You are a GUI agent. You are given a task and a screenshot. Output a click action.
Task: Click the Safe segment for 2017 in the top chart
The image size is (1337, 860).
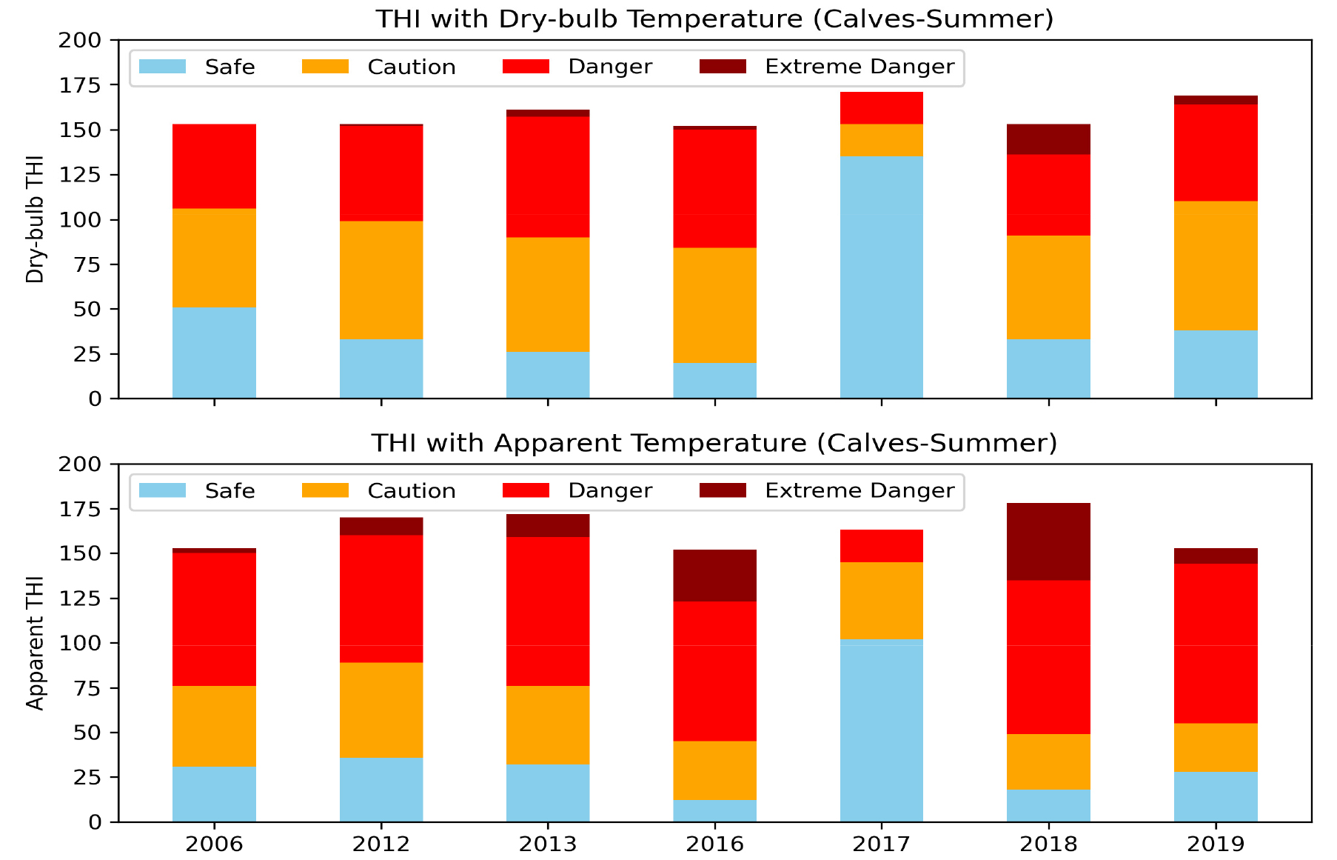881,277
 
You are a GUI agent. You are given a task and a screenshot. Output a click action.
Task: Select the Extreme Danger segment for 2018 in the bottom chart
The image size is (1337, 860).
1048,541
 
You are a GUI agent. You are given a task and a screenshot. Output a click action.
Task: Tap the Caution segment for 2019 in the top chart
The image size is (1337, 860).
1216,265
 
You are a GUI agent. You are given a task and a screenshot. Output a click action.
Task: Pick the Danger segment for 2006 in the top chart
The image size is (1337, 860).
214,167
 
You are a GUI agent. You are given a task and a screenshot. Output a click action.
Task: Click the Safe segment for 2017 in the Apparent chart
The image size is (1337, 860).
881,730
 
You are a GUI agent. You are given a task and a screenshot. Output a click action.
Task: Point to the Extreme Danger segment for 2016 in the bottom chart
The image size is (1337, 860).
714,576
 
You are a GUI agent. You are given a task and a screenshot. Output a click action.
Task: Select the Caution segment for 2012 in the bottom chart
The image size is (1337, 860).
381,710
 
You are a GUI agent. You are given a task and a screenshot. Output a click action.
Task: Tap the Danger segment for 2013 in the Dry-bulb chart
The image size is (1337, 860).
548,177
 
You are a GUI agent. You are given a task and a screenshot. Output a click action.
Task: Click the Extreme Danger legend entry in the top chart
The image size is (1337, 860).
859,67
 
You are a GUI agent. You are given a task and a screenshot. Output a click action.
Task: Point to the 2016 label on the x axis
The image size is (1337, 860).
714,844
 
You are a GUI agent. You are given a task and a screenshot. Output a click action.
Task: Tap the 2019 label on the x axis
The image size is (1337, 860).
1216,844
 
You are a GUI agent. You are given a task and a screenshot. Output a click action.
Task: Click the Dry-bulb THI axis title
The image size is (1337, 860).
35,219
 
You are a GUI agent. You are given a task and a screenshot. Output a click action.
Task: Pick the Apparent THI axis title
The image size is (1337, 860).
35,643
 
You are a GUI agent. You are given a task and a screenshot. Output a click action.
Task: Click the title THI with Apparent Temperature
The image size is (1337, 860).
714,443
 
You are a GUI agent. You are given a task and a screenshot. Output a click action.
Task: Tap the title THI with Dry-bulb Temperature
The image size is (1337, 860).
714,19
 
